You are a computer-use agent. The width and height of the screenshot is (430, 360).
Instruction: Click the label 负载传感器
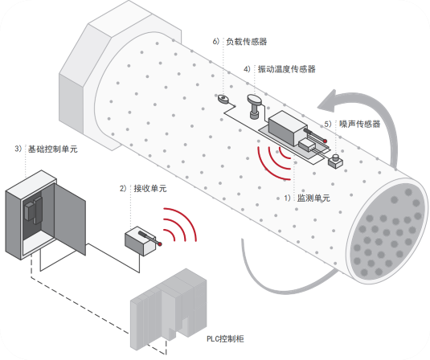[247, 42]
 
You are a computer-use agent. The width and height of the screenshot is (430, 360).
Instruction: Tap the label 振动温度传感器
[287, 69]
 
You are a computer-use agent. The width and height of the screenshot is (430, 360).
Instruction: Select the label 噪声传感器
[360, 124]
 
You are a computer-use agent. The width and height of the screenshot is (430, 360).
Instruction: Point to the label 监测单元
[313, 198]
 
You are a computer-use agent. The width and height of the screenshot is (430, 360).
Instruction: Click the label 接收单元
[150, 188]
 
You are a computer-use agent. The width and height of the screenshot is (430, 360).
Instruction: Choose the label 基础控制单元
[53, 149]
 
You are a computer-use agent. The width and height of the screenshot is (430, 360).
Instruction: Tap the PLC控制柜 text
[225, 339]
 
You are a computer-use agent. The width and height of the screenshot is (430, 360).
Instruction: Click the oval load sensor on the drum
[224, 98]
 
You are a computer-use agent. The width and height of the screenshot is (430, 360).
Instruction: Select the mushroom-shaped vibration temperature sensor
[255, 106]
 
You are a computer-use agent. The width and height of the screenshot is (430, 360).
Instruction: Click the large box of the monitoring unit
[287, 127]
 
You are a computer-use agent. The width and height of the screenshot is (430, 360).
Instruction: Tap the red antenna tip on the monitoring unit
[326, 141]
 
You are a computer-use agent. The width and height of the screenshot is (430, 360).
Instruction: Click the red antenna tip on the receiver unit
[160, 243]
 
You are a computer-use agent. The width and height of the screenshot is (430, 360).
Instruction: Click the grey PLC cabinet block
[168, 309]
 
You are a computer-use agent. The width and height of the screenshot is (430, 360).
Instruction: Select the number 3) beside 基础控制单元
[18, 149]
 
